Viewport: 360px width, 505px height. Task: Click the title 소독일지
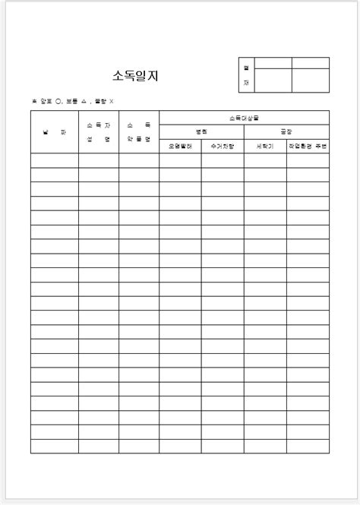click(x=135, y=75)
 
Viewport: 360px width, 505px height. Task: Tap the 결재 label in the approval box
click(x=247, y=74)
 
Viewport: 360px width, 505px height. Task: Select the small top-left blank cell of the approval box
click(x=273, y=63)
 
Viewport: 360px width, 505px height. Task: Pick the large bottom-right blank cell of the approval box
click(x=311, y=80)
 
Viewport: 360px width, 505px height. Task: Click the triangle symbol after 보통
click(x=83, y=101)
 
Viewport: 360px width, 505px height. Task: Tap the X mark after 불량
click(x=111, y=101)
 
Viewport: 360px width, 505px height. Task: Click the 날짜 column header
click(x=54, y=132)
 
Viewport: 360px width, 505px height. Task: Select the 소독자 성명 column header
click(x=98, y=132)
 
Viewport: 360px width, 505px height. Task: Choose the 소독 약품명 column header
click(x=139, y=132)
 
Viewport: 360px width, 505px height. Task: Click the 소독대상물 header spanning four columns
click(x=244, y=118)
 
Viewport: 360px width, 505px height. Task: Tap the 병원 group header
click(x=201, y=131)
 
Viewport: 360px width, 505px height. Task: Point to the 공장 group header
click(x=286, y=131)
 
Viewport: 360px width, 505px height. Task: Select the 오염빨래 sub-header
click(x=180, y=146)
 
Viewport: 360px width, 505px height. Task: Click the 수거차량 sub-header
click(x=223, y=146)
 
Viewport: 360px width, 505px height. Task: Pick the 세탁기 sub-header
click(x=265, y=146)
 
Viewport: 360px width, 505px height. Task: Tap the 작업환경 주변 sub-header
click(x=308, y=146)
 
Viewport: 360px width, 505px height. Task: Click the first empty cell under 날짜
click(x=54, y=160)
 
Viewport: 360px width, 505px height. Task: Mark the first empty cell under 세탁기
click(x=265, y=160)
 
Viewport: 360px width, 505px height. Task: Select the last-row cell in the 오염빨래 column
click(x=180, y=447)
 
